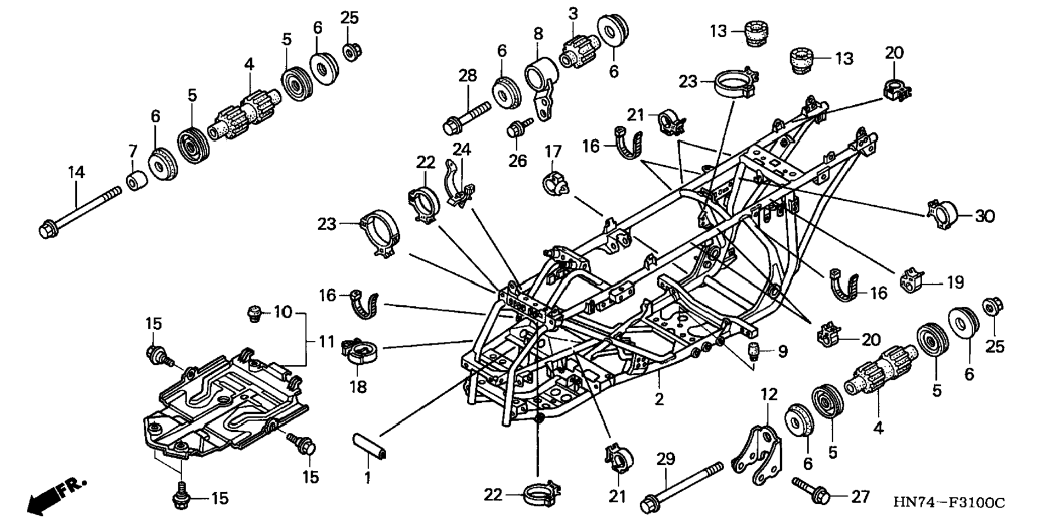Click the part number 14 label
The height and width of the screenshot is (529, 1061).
coord(76,172)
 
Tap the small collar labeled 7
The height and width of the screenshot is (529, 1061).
coord(137,180)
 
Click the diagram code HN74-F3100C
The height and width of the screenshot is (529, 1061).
coord(949,502)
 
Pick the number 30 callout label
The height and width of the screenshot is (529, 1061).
coord(984,216)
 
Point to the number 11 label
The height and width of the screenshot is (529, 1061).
coord(327,342)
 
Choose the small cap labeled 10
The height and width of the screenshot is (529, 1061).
coord(253,313)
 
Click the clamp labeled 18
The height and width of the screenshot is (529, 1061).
coord(359,352)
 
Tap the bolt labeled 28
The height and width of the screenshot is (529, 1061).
coord(467,117)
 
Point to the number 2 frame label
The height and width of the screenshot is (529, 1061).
coord(659,399)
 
